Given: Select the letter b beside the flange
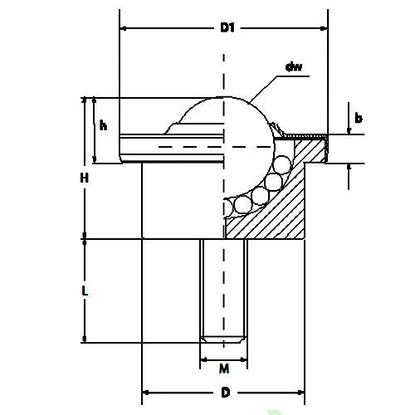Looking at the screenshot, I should click(x=359, y=119).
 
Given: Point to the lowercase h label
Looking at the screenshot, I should click(x=103, y=126).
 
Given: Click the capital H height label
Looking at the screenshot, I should click(x=84, y=177).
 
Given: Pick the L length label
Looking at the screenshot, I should click(x=85, y=291).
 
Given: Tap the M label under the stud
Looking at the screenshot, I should click(x=224, y=368).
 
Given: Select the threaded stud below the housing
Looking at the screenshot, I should click(x=224, y=290).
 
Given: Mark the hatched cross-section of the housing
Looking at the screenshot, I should click(x=282, y=207).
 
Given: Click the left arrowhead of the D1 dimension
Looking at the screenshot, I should click(x=124, y=28).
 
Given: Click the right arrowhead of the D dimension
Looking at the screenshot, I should click(x=305, y=392).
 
